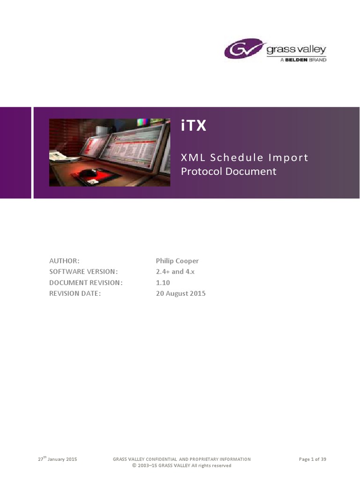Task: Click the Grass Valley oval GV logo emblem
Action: pyautogui.click(x=244, y=48)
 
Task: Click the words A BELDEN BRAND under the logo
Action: pyautogui.click(x=303, y=60)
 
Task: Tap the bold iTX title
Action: pyautogui.click(x=194, y=126)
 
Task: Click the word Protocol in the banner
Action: pyautogui.click(x=202, y=171)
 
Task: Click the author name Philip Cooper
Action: pyautogui.click(x=177, y=261)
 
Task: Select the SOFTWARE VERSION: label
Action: pyautogui.click(x=83, y=271)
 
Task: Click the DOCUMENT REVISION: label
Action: pyautogui.click(x=86, y=283)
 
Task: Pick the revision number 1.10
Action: pyautogui.click(x=163, y=283)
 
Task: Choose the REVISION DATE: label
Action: pyautogui.click(x=75, y=293)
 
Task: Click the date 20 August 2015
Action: pyautogui.click(x=180, y=293)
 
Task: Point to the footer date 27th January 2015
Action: pyautogui.click(x=57, y=459)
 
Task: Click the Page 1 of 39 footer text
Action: pyautogui.click(x=312, y=459)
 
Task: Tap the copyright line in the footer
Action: pyautogui.click(x=181, y=465)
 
